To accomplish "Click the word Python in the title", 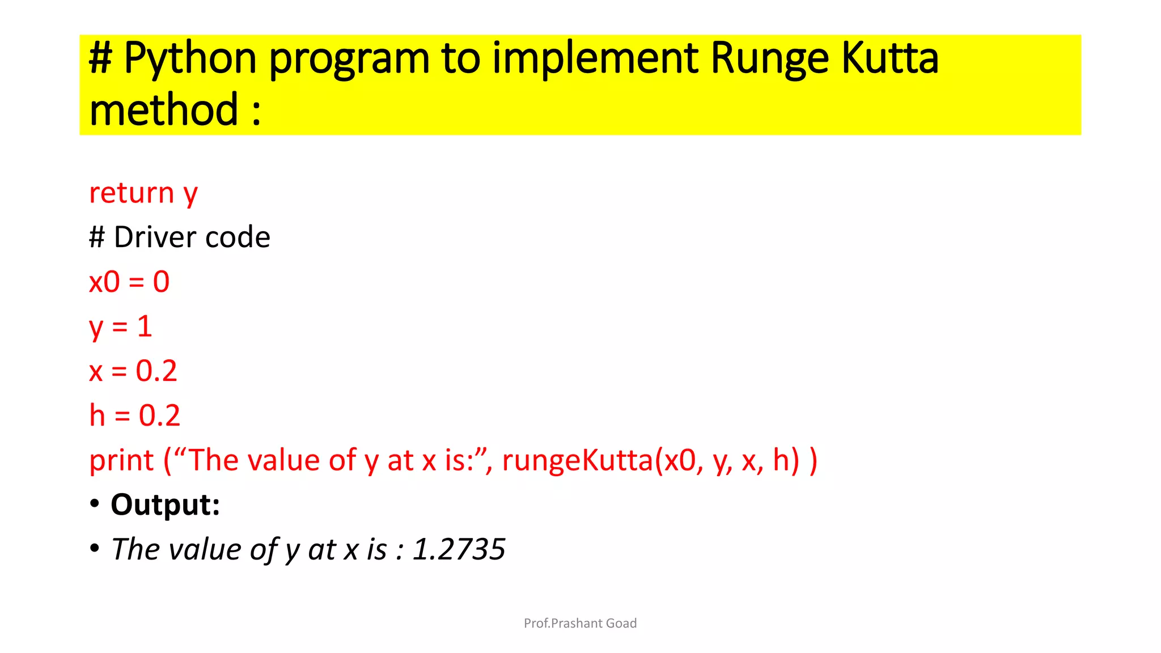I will [190, 58].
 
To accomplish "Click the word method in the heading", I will [164, 109].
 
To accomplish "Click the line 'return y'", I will [143, 193].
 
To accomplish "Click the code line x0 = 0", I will [129, 282].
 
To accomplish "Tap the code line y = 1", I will [121, 327].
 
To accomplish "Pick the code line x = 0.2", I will [133, 371].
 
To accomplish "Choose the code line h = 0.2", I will [135, 415].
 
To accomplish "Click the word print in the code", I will [121, 460].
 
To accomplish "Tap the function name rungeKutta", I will [578, 460].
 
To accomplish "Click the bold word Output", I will [165, 504].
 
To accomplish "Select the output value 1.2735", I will [459, 549].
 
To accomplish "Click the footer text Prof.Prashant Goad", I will [580, 624].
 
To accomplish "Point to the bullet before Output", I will [95, 504].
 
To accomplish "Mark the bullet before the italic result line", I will [95, 548].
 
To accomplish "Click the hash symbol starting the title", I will [100, 58].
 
